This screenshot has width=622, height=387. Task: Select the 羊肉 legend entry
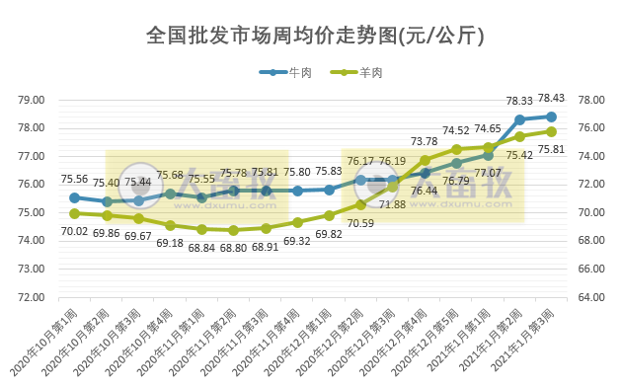(x=355, y=73)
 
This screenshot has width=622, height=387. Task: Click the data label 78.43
(x=551, y=98)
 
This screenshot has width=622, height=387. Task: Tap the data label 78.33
(x=519, y=101)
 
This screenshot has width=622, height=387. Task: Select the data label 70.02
(x=75, y=231)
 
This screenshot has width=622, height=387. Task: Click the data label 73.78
(x=424, y=141)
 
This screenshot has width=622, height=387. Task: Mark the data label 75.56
(x=75, y=179)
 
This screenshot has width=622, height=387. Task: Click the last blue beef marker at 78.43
(x=551, y=116)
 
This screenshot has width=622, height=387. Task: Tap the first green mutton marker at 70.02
(x=75, y=213)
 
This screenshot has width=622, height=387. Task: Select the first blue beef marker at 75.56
(x=75, y=197)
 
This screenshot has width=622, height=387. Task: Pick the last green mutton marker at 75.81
(x=551, y=131)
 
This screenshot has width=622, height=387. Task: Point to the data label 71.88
(x=393, y=204)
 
